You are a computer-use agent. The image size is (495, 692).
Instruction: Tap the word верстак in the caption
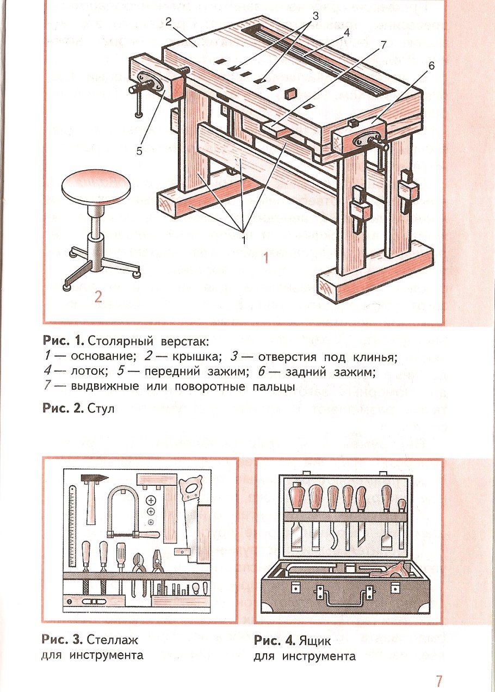pos(184,342)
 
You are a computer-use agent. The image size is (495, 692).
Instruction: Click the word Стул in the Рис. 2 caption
pos(101,409)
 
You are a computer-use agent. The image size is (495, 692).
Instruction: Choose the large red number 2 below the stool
pos(98,296)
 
